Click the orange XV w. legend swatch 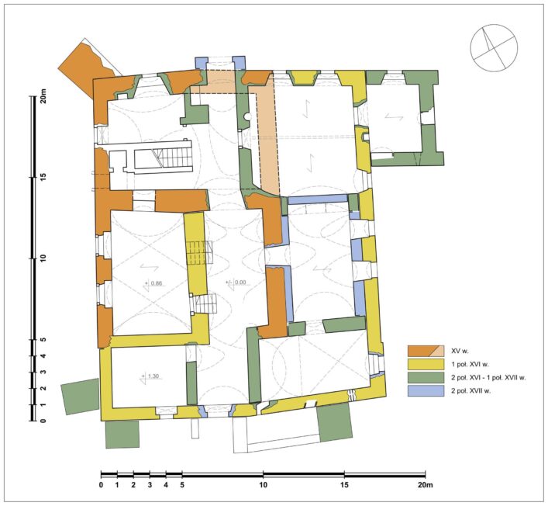pyautogui.click(x=426, y=351)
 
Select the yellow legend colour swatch pyautogui.click(x=426, y=364)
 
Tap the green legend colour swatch pyautogui.click(x=426, y=378)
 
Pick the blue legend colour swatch pyautogui.click(x=426, y=390)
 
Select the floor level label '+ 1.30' pyautogui.click(x=150, y=376)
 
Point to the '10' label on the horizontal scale pyautogui.click(x=264, y=485)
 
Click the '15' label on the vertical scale pyautogui.click(x=43, y=178)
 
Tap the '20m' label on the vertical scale pyautogui.click(x=43, y=95)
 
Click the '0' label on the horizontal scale pyautogui.click(x=101, y=485)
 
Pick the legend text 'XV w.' pyautogui.click(x=459, y=352)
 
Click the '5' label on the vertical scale pyautogui.click(x=43, y=339)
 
